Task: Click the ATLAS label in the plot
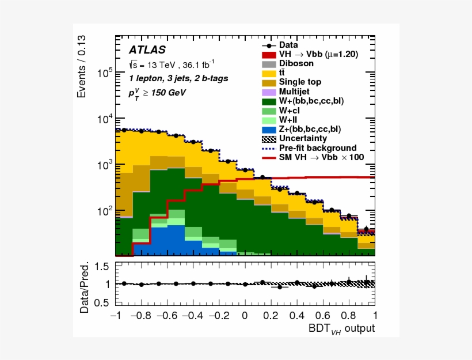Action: coord(147,50)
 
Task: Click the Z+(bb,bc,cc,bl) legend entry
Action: coord(310,129)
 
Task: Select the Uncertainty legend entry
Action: coord(303,138)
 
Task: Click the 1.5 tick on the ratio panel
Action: coord(102,266)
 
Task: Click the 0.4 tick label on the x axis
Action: coord(297,316)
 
